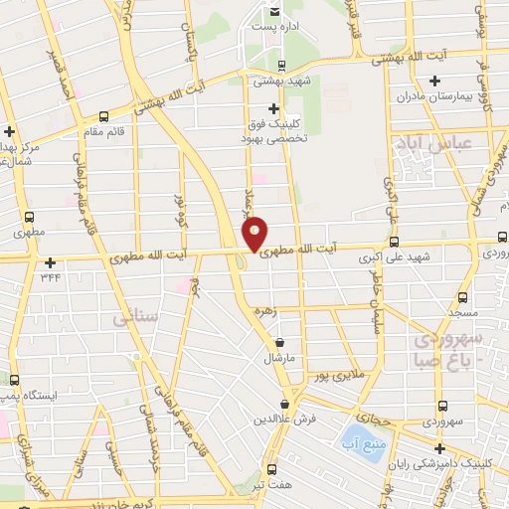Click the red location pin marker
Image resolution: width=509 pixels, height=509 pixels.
coord(254,233)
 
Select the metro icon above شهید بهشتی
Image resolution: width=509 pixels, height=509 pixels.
coord(281,67)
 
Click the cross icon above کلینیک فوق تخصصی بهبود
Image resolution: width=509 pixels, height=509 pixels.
coord(274,107)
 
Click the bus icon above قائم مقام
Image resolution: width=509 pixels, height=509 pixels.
coord(104,117)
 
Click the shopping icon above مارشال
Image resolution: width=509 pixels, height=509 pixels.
coord(279,343)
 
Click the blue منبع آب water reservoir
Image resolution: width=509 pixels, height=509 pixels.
coord(355,435)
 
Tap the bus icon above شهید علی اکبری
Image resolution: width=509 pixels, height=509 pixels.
coord(395,242)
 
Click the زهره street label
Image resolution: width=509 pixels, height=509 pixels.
coord(264,310)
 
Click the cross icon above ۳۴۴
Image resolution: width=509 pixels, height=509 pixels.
coord(50,262)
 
